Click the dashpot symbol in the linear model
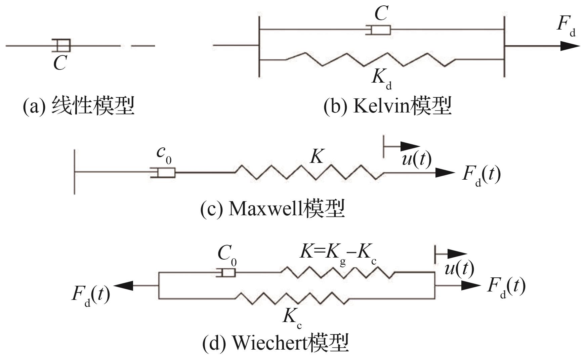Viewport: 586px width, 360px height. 61,45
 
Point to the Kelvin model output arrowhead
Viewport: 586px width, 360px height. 570,45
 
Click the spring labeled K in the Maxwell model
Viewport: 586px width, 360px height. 309,173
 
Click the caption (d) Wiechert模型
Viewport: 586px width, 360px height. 276,343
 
